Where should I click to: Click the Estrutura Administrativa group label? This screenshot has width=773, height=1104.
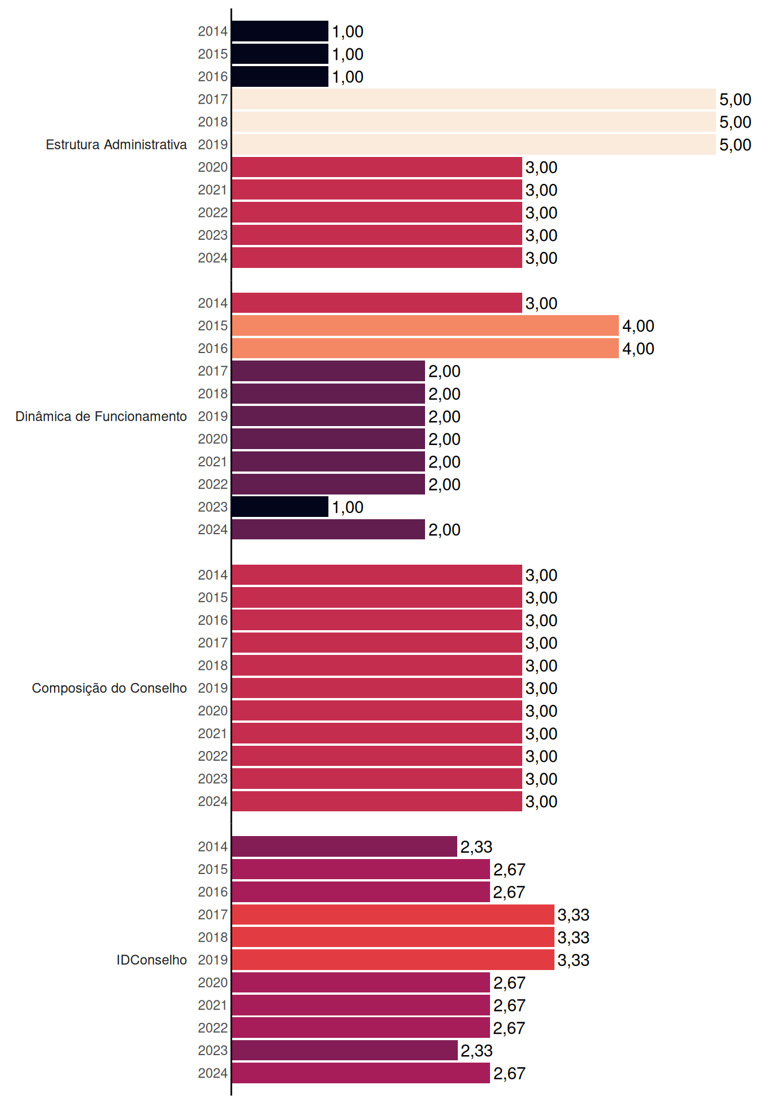click(116, 144)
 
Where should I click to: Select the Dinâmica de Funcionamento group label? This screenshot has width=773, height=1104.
click(101, 416)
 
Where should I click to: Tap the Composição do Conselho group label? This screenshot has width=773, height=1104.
click(109, 688)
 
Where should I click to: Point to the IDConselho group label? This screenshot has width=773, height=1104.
click(152, 960)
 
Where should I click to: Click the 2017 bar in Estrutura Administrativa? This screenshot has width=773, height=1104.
click(474, 99)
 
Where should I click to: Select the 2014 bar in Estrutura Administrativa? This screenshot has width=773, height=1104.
click(280, 31)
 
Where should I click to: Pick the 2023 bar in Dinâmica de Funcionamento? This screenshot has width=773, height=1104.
click(280, 507)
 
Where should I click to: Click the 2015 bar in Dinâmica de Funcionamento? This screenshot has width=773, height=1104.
click(426, 325)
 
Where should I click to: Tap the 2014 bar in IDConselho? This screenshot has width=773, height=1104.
click(345, 846)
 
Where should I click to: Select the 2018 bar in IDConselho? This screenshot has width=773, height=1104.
click(393, 937)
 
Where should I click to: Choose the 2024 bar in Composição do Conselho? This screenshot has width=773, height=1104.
click(377, 801)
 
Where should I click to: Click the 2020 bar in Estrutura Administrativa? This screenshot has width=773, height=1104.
click(377, 167)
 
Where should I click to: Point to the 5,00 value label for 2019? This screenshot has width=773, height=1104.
click(735, 145)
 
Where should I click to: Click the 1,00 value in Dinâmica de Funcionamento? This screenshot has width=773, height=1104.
click(347, 507)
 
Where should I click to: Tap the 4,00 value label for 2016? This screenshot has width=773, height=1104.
click(638, 348)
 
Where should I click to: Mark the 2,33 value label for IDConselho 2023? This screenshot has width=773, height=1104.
click(476, 1051)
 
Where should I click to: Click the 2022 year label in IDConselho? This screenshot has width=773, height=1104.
click(213, 1028)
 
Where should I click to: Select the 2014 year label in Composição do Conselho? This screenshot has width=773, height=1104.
click(213, 575)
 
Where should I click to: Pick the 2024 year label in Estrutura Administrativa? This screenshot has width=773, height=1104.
click(213, 258)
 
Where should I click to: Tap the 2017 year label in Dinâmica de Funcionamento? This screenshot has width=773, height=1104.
click(213, 371)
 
